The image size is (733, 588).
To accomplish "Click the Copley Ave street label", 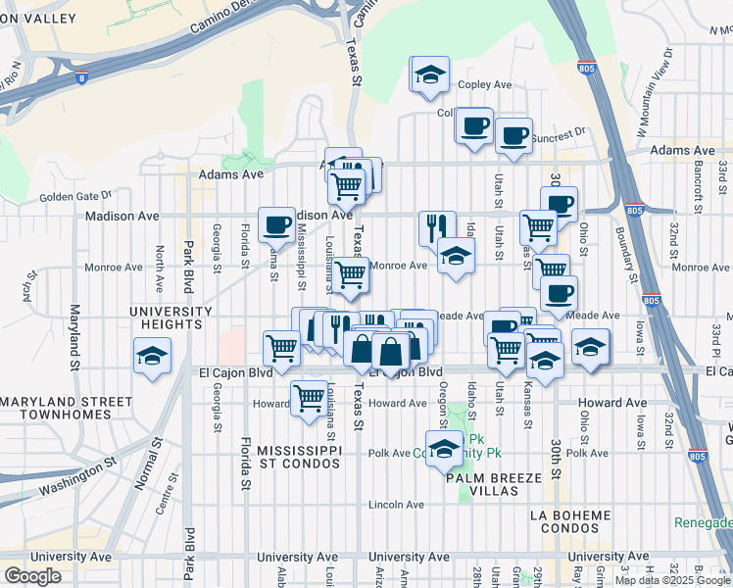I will (x=489, y=85).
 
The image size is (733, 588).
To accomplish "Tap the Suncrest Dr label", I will (x=560, y=130).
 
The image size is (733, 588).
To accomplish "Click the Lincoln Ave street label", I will (x=396, y=505).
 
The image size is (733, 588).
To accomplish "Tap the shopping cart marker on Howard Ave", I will (x=310, y=397).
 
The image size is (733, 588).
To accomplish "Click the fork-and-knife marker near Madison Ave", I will (x=436, y=226).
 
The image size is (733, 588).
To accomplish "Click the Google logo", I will (x=33, y=575).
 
